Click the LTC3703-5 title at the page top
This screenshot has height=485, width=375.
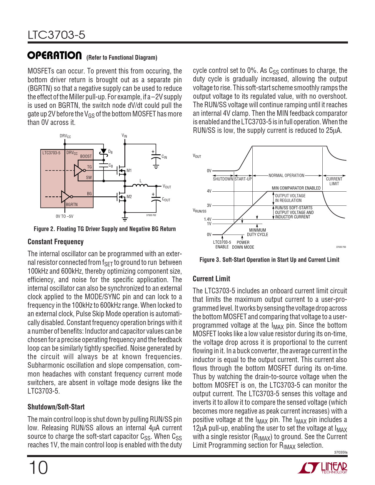coord(56,35)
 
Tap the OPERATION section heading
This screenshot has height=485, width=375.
coord(55,56)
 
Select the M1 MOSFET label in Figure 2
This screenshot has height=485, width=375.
coord(129,170)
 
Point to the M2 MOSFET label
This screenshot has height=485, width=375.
coord(129,197)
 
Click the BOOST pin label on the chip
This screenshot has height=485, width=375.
coord(86,156)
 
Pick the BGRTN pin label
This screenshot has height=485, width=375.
coord(72,205)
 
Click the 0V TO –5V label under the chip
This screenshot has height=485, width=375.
coord(64,217)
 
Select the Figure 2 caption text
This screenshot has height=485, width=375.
coord(105,229)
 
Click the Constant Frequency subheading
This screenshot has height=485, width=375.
coord(56,242)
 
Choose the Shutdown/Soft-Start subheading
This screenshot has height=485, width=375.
coord(56,407)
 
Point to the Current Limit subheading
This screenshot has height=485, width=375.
coord(211,279)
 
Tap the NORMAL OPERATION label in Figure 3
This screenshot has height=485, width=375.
coord(286,175)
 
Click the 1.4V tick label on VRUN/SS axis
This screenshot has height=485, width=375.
coord(208,219)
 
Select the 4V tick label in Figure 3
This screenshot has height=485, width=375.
coord(209,191)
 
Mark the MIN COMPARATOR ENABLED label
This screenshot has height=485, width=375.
coord(296,188)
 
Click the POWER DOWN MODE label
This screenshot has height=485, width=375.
coord(243,245)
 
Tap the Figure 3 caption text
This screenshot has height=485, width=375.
coord(269,260)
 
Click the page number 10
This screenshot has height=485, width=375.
coord(38,468)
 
